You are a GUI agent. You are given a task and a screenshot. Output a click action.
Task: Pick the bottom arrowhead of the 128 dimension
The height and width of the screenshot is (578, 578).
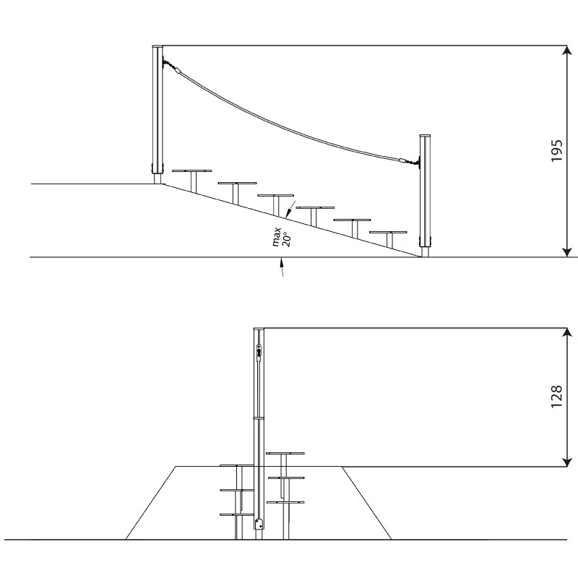click(566, 462)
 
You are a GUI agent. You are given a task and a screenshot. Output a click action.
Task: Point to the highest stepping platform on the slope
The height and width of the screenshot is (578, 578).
click(192, 171)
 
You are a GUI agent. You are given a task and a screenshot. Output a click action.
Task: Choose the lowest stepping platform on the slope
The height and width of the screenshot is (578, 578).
click(389, 233)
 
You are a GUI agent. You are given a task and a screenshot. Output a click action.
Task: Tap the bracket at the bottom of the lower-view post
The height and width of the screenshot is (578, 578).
click(258, 523)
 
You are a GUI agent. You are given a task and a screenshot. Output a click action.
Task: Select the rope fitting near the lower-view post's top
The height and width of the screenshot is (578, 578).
click(258, 350)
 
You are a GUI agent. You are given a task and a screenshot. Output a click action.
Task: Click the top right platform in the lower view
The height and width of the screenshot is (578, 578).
click(285, 454)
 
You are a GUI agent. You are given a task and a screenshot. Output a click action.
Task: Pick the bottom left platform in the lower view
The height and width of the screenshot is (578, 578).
click(238, 514)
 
